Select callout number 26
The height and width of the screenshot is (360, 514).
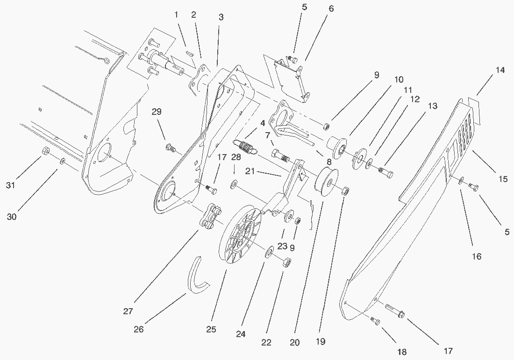[x=138, y=329]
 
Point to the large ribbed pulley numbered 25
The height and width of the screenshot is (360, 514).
[x=241, y=235]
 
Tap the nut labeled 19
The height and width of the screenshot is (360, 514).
[x=346, y=190]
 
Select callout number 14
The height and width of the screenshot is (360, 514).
[x=500, y=71]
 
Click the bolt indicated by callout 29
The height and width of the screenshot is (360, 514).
[x=171, y=149]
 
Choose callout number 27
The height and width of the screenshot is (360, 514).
[x=128, y=311]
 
